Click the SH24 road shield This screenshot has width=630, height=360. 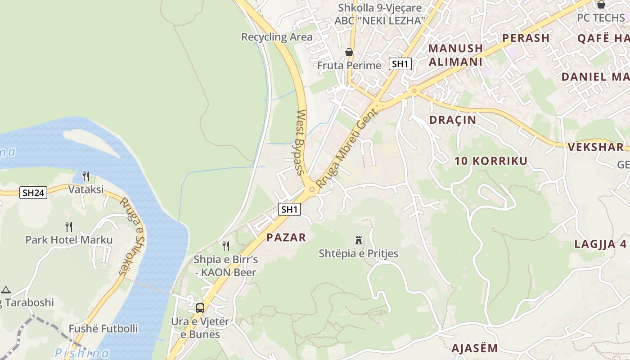click(34, 193)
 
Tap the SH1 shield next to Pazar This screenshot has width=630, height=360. click(289, 209)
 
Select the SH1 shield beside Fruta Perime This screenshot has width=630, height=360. click(400, 64)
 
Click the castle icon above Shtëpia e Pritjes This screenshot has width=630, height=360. click(359, 240)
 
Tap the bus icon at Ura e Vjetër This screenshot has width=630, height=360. click(200, 308)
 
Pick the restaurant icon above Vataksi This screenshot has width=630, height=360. click(86, 176)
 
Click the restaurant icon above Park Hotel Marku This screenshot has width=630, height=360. click(69, 226)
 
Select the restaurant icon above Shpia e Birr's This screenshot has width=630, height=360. click(226, 246)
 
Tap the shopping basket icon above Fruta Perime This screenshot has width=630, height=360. click(349, 52)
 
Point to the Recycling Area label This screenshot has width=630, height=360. click(277, 37)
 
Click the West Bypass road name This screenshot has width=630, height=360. click(301, 142)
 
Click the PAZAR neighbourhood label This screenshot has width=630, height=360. click(286, 238)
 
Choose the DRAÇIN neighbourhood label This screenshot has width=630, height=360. click(452, 120)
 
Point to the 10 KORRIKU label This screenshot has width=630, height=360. click(490, 161)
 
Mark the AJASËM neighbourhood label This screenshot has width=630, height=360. click(474, 348)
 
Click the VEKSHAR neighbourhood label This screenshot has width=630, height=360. click(595, 147)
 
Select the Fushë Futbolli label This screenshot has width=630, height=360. click(103, 328)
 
